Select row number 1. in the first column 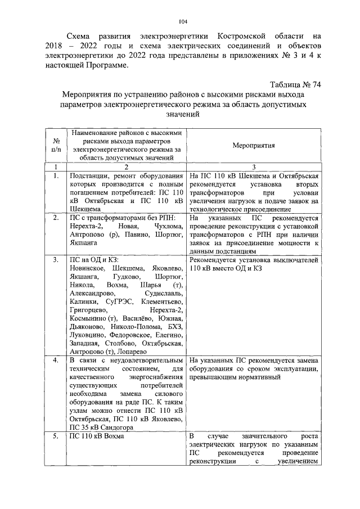coord(56,176)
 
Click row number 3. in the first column coord(56,260)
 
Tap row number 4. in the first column coord(56,360)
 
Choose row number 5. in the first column coord(56,436)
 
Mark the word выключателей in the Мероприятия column coord(298,260)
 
